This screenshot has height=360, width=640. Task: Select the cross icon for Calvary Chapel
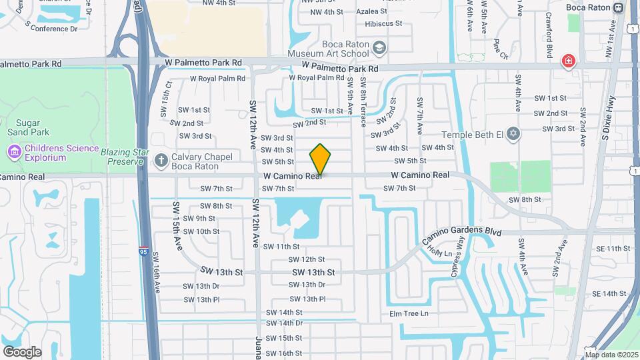pyautogui.click(x=161, y=160)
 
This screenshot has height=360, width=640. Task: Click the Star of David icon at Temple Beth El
pyautogui.click(x=513, y=135)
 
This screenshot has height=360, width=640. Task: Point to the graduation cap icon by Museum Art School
pyautogui.click(x=379, y=49)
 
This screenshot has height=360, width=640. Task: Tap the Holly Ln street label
pyautogui.click(x=440, y=252)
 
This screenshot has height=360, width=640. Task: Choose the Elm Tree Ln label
pyautogui.click(x=409, y=313)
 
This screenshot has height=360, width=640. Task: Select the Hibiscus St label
pyautogui.click(x=380, y=23)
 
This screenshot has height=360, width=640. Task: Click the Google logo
pyautogui.click(x=22, y=351)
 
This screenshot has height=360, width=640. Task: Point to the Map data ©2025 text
pyautogui.click(x=611, y=355)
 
